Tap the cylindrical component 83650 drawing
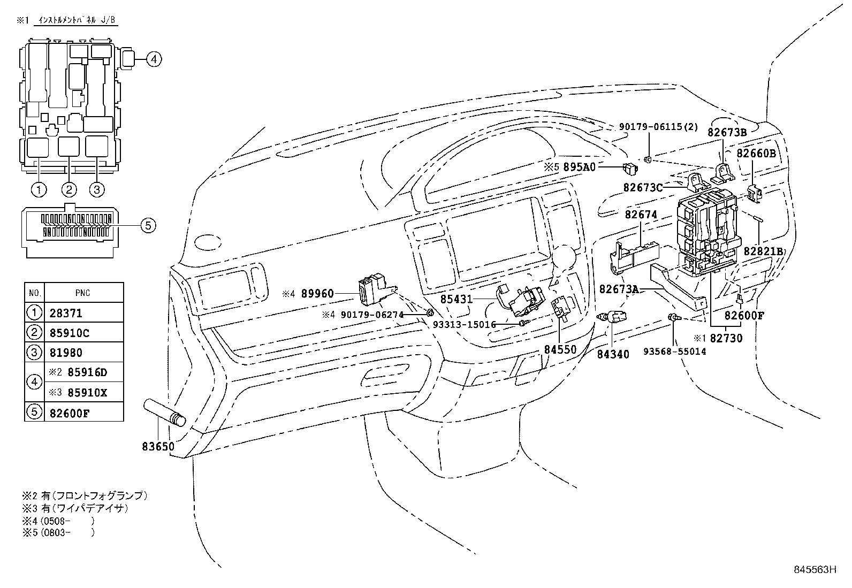163,413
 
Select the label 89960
317,294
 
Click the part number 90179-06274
372,315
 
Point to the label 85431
457,299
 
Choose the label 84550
560,349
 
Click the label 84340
613,354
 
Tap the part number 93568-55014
674,352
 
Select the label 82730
727,338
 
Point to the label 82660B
756,153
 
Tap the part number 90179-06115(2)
659,127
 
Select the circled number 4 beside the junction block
153,59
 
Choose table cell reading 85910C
70,333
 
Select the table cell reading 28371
66,313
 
